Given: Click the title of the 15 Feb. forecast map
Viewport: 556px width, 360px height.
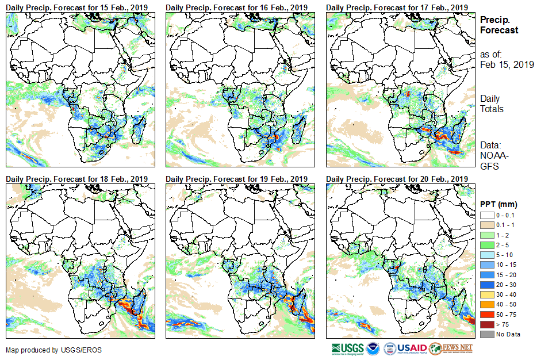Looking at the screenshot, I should click(x=77, y=6).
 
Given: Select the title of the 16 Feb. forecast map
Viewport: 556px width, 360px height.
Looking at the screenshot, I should click(x=237, y=6).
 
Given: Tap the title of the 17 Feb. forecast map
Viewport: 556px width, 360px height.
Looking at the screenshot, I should click(x=397, y=6).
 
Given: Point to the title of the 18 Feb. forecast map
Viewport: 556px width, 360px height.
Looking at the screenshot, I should click(x=77, y=179).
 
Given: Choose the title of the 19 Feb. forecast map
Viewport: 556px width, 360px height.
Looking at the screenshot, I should click(x=237, y=179).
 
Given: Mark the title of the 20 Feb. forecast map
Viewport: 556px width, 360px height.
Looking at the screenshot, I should click(x=397, y=179).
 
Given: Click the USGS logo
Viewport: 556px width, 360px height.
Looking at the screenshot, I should click(x=347, y=348).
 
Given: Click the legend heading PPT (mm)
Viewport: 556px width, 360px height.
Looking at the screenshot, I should click(x=499, y=204).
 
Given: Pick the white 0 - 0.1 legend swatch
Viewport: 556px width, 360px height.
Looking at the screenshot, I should click(x=486, y=215).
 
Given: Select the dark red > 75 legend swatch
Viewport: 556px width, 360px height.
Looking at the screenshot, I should click(x=486, y=324).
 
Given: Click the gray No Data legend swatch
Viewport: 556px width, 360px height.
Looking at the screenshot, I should click(x=486, y=334).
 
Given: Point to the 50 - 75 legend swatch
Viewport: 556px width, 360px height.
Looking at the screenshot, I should click(x=486, y=314).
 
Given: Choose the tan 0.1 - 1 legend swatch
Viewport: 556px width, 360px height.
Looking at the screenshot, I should click(x=486, y=225).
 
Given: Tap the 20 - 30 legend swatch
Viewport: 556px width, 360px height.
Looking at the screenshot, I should click(x=486, y=284).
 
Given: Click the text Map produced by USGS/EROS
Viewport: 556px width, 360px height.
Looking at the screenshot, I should click(x=46, y=350).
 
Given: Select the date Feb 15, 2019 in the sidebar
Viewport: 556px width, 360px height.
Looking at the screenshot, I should click(x=507, y=64).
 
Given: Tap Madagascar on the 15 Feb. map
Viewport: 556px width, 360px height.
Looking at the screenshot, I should click(x=139, y=128).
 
